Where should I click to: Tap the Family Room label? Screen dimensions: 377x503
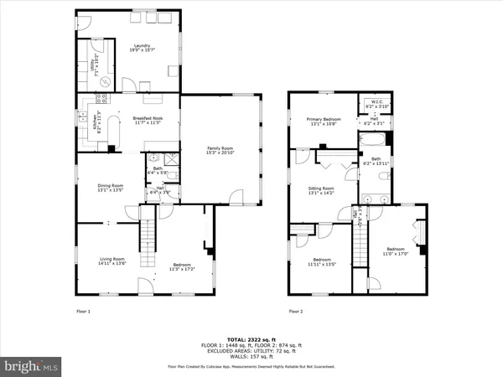pyautogui.click(x=220, y=152)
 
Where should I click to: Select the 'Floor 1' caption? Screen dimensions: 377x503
pyautogui.click(x=83, y=311)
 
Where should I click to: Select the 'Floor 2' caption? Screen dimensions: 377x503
pyautogui.click(x=296, y=311)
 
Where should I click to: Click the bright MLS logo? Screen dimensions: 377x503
pyautogui.click(x=32, y=366)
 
